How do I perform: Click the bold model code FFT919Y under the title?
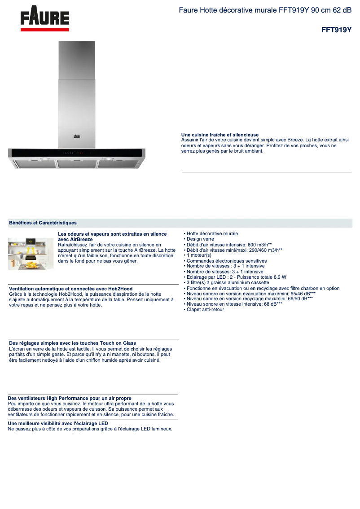point(336,30)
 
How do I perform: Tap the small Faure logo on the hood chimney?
point(77,135)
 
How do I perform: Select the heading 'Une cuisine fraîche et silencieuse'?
point(220,135)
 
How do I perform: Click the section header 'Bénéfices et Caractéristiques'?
point(43,223)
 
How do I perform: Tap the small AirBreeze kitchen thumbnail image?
point(31,254)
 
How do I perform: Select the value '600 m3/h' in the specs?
point(258,245)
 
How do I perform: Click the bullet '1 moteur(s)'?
point(199,255)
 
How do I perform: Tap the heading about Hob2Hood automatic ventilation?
point(70,289)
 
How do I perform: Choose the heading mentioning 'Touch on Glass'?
point(72,343)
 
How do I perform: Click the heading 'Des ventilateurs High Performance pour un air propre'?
point(70,398)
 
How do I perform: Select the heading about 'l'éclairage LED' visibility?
point(58,423)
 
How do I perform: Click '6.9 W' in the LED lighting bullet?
point(280,277)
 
